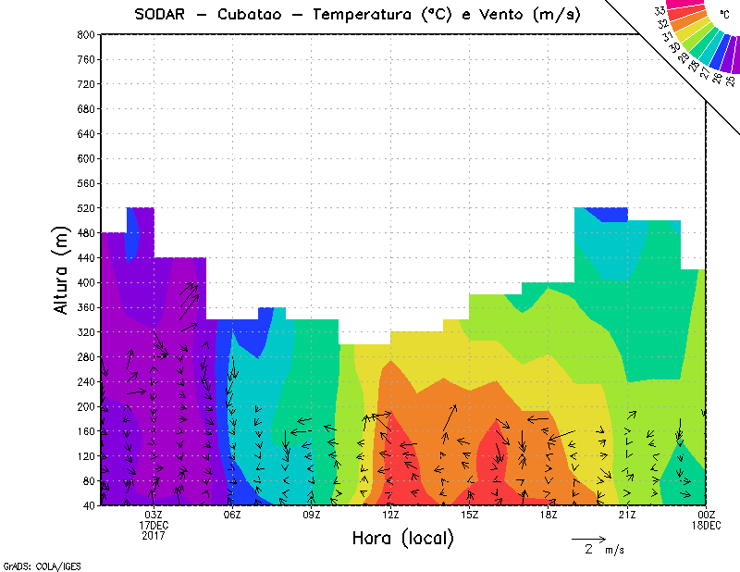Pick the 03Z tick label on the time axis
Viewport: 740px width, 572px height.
(154, 515)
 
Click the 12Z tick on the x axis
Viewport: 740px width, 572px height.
(390, 515)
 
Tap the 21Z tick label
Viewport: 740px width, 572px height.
(627, 515)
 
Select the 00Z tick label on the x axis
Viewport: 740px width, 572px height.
(707, 515)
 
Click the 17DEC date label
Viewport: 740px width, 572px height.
(154, 525)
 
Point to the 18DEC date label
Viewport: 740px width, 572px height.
(707, 525)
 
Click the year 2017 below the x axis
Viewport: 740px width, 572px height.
(154, 535)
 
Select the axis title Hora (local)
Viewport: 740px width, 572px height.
(403, 538)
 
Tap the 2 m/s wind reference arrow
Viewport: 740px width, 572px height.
(587, 538)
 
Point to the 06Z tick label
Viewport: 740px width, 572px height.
(232, 515)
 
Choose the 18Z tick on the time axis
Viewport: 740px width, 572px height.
(549, 515)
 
